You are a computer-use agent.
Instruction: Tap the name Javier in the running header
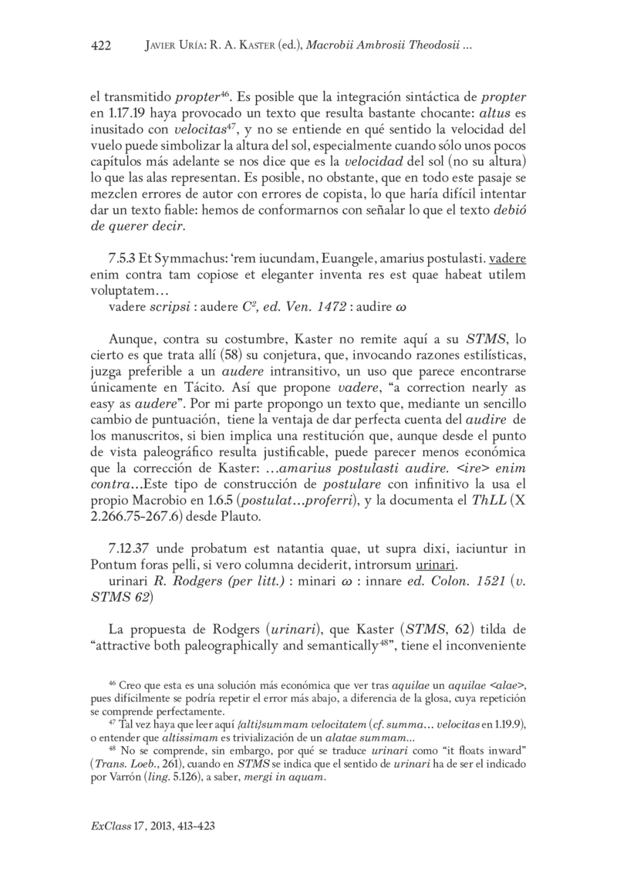tap(163, 46)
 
